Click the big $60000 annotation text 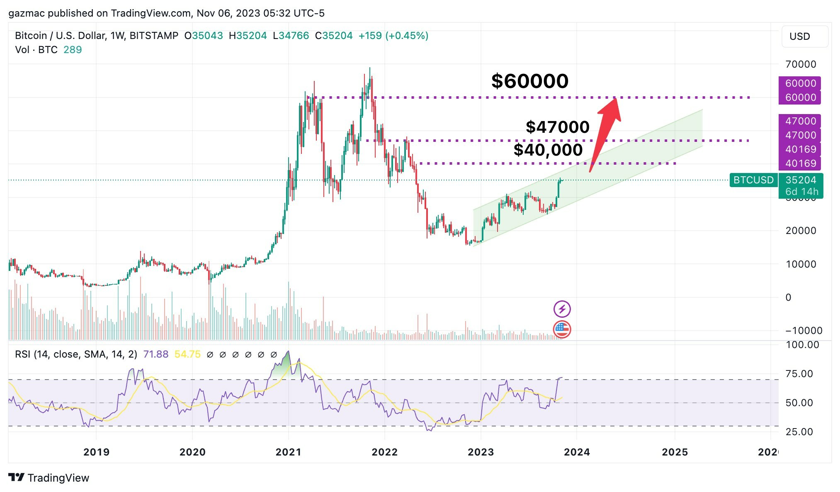pyautogui.click(x=529, y=81)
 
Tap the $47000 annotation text pyautogui.click(x=557, y=127)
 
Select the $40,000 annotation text pyautogui.click(x=548, y=150)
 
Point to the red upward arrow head pyautogui.click(x=611, y=107)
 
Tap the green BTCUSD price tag pyautogui.click(x=753, y=180)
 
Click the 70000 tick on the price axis pyautogui.click(x=801, y=64)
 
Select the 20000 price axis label pyautogui.click(x=801, y=231)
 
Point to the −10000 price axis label pyautogui.click(x=804, y=331)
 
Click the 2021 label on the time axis pyautogui.click(x=289, y=452)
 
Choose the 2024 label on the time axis pyautogui.click(x=577, y=452)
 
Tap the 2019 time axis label pyautogui.click(x=96, y=452)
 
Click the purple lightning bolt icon pyautogui.click(x=562, y=309)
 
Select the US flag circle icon pyautogui.click(x=562, y=329)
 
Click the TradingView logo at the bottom pyautogui.click(x=49, y=478)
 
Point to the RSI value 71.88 pyautogui.click(x=155, y=354)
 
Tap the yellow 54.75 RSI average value pyautogui.click(x=187, y=354)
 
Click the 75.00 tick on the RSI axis pyautogui.click(x=799, y=374)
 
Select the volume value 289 pyautogui.click(x=73, y=50)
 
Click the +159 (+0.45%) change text pyautogui.click(x=393, y=36)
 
